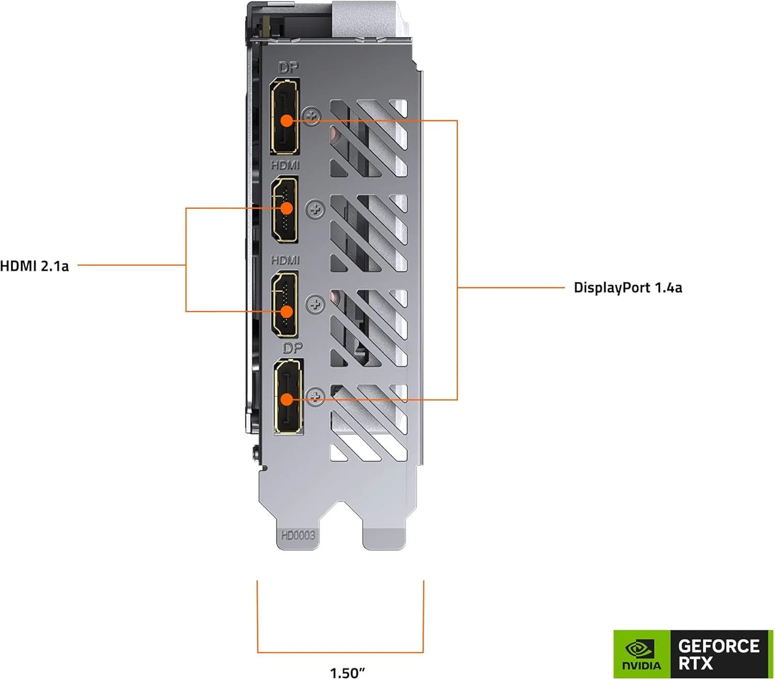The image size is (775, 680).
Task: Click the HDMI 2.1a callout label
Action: pyautogui.click(x=34, y=266)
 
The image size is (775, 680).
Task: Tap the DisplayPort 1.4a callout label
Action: pyautogui.click(x=628, y=288)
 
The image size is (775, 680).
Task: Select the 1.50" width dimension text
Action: pyautogui.click(x=347, y=672)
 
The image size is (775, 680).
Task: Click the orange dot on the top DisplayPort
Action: pyautogui.click(x=287, y=121)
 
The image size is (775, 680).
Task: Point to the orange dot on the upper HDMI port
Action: pyautogui.click(x=286, y=208)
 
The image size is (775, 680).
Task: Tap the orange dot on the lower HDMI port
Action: pyautogui.click(x=286, y=312)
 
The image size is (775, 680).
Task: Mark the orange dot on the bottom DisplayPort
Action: pyautogui.click(x=287, y=399)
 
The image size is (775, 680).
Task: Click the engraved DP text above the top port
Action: pyautogui.click(x=288, y=68)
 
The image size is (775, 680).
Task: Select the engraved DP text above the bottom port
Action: pyautogui.click(x=292, y=348)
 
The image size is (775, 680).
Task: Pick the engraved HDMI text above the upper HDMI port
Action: pyautogui.click(x=285, y=165)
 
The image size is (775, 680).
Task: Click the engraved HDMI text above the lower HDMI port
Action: pyautogui.click(x=285, y=260)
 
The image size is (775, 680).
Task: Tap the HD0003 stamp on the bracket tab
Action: pyautogui.click(x=298, y=535)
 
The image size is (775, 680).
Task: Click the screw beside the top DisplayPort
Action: pyautogui.click(x=312, y=116)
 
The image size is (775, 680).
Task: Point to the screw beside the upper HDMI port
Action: pyautogui.click(x=315, y=210)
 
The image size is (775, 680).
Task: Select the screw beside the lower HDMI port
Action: pyautogui.click(x=315, y=304)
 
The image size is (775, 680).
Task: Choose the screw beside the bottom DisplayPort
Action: pyautogui.click(x=315, y=396)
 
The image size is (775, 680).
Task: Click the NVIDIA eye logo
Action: pyautogui.click(x=640, y=648)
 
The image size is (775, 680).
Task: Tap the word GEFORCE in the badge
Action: pyautogui.click(x=718, y=646)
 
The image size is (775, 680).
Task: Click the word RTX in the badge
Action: pyautogui.click(x=695, y=663)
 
